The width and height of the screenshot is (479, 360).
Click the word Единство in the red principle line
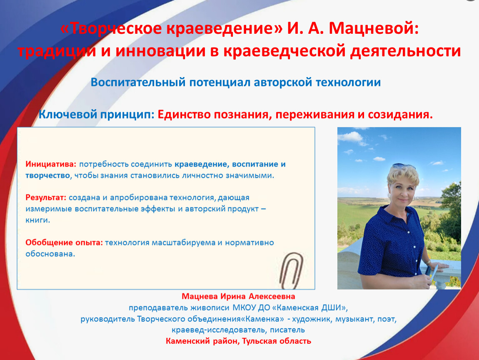click(x=184, y=115)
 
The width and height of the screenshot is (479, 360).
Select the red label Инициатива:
click(x=51, y=164)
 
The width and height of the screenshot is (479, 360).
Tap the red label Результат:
click(x=46, y=197)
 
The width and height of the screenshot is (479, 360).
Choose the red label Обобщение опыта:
click(x=64, y=242)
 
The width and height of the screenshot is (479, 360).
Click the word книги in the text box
click(x=37, y=220)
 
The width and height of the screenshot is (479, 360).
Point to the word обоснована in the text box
click(x=49, y=254)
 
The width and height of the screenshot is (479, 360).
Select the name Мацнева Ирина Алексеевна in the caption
click(x=238, y=296)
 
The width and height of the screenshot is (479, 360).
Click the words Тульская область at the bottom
click(x=277, y=341)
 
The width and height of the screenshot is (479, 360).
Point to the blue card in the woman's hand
click(x=433, y=273)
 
